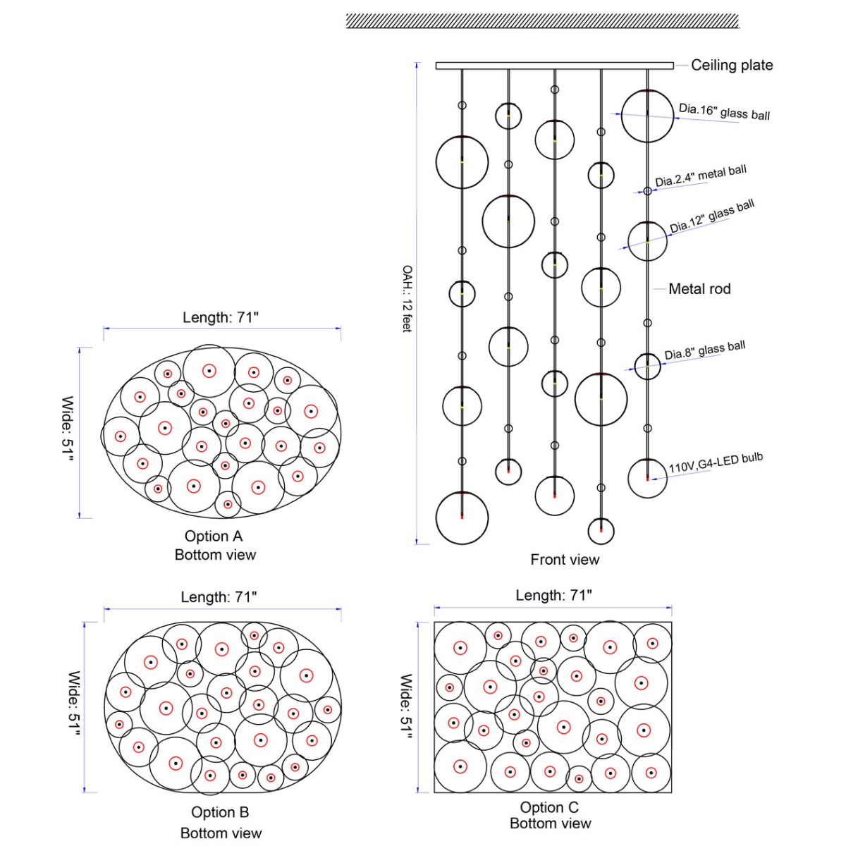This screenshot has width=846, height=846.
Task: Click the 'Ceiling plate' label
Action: click(x=731, y=65)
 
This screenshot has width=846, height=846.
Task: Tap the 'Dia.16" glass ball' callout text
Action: click(x=724, y=111)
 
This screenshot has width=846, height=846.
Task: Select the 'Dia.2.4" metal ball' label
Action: click(x=701, y=176)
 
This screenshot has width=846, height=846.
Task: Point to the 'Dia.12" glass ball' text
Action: click(x=711, y=216)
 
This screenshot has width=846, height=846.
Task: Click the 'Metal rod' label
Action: click(x=699, y=289)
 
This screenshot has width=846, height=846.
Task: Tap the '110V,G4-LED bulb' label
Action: click(x=716, y=462)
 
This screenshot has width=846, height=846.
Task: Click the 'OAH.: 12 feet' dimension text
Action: click(x=407, y=298)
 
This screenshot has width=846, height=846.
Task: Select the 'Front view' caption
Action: click(x=565, y=559)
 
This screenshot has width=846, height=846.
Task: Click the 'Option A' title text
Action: click(x=214, y=536)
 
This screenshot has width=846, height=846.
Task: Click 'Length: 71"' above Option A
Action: click(x=221, y=317)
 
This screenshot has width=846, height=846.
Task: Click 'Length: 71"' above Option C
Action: click(x=553, y=595)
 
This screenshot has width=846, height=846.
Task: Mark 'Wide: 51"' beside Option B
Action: click(x=74, y=704)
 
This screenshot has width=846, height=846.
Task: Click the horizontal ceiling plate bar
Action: click(x=555, y=66)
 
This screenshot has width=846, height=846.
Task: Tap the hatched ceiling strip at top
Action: click(x=543, y=21)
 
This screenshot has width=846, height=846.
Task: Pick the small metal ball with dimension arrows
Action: click(x=648, y=191)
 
